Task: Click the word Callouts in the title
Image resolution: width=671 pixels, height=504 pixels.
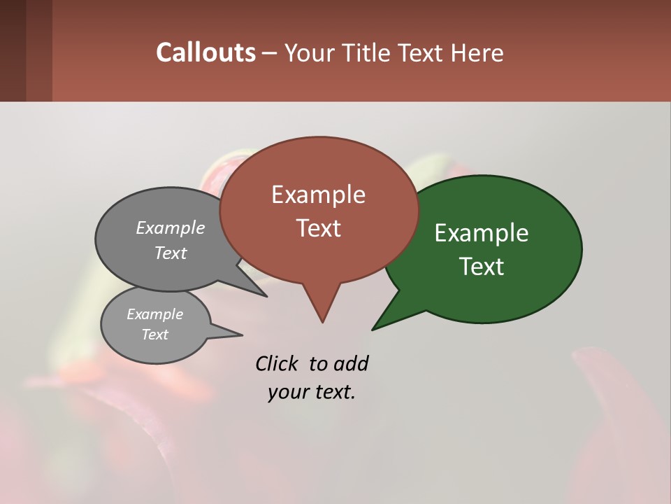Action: click(205, 52)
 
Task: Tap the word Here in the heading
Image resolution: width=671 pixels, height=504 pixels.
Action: click(477, 53)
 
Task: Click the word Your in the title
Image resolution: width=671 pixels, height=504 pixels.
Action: click(310, 53)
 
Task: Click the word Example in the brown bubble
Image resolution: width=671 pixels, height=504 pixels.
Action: click(318, 195)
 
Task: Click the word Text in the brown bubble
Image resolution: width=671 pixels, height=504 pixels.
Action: click(318, 228)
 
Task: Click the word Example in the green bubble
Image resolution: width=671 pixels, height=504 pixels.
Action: click(482, 232)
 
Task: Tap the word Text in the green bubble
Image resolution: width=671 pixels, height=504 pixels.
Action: click(482, 267)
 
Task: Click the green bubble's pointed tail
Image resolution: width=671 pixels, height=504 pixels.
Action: click(377, 325)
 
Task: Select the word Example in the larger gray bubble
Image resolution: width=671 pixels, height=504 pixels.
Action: click(171, 227)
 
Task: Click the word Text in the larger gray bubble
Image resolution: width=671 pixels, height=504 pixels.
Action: click(171, 253)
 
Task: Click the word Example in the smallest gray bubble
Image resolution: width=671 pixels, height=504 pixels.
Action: click(154, 314)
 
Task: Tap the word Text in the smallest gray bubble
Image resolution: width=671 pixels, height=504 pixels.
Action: click(154, 335)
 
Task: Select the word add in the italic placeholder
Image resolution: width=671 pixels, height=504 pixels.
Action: click(351, 363)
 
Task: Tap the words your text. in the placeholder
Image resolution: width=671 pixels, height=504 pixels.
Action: click(312, 393)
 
